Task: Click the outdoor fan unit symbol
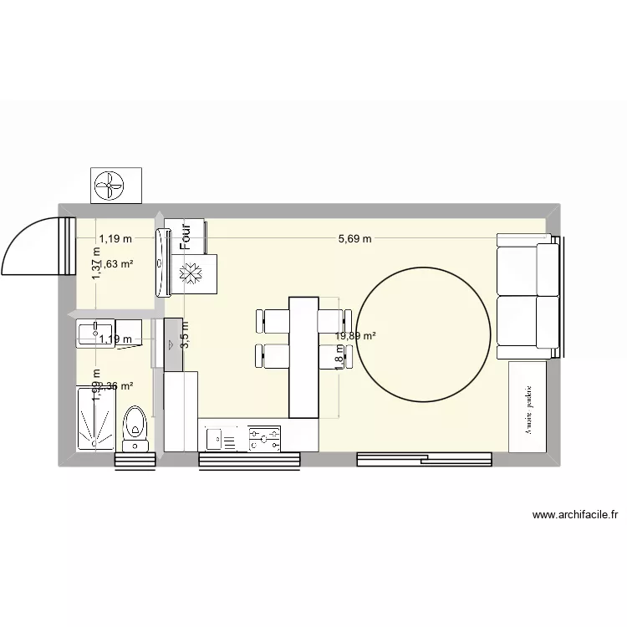[115, 185]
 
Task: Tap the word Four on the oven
[186, 236]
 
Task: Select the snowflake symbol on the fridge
[191, 274]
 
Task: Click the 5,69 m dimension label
[354, 238]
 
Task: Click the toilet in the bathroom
[134, 422]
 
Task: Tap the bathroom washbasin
[94, 332]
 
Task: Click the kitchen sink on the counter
[222, 436]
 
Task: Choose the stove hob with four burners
[264, 436]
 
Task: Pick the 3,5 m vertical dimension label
[185, 334]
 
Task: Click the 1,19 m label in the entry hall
[115, 238]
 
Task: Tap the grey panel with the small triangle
[173, 344]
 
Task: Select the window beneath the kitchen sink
[249, 459]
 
